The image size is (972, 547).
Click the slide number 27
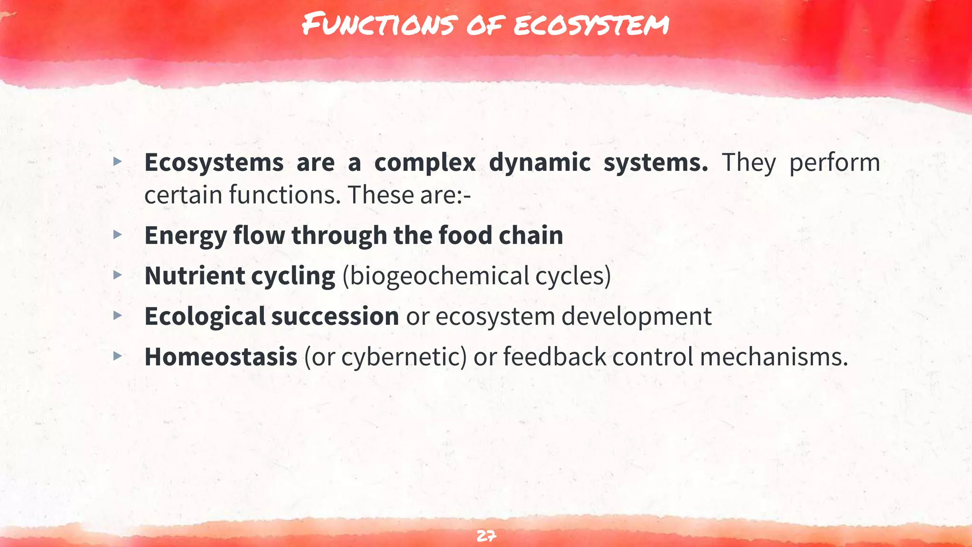click(486, 536)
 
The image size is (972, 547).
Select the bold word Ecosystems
click(214, 163)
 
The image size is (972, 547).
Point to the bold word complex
click(425, 163)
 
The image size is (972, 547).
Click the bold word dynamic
click(540, 163)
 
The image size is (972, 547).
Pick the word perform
click(834, 163)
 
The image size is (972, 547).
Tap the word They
click(748, 163)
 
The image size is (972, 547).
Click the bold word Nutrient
click(194, 276)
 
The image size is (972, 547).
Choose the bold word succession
click(335, 316)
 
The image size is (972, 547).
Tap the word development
click(636, 317)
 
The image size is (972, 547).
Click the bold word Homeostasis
click(221, 357)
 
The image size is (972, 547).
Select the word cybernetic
click(404, 357)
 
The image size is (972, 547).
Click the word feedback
click(554, 357)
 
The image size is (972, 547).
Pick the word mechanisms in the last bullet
click(774, 357)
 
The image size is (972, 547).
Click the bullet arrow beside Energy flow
click(118, 235)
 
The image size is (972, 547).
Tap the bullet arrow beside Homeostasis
click(118, 356)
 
